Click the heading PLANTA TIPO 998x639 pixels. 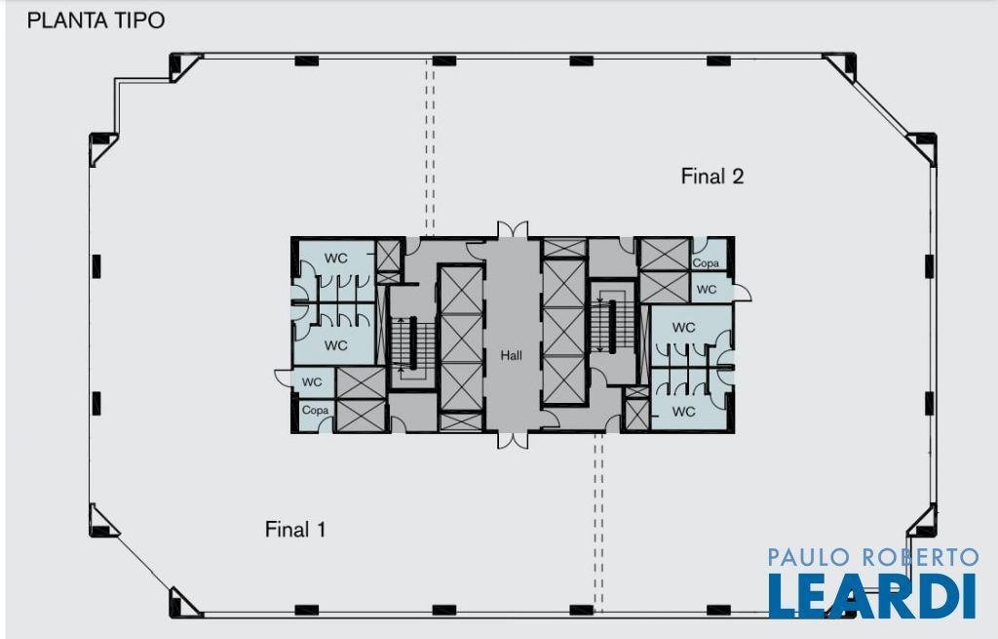pyautogui.click(x=96, y=20)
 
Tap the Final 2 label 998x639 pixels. pyautogui.click(x=712, y=176)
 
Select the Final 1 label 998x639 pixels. pyautogui.click(x=295, y=529)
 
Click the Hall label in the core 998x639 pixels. pyautogui.click(x=511, y=355)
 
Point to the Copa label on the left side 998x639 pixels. pyautogui.click(x=315, y=410)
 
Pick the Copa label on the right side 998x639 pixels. pyautogui.click(x=706, y=262)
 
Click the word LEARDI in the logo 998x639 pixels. pyautogui.click(x=872, y=596)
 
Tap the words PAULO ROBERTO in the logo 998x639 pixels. pyautogui.click(x=872, y=557)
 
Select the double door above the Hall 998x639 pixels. pyautogui.click(x=513, y=229)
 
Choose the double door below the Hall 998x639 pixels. pyautogui.click(x=513, y=440)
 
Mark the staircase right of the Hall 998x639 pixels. pyautogui.click(x=613, y=325)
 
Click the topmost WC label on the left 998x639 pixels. pyautogui.click(x=336, y=258)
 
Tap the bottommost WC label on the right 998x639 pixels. pyautogui.click(x=683, y=412)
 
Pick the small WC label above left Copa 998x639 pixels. pyautogui.click(x=312, y=381)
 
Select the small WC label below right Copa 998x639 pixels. pyautogui.click(x=707, y=289)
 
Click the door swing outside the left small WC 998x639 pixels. pyautogui.click(x=284, y=378)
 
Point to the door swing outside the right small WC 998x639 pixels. pyautogui.click(x=743, y=293)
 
